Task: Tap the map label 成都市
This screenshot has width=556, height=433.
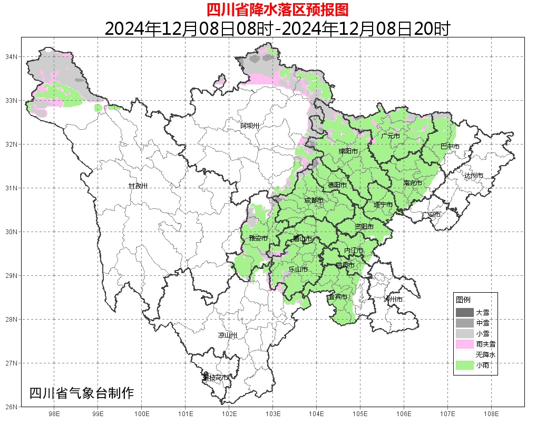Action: (x=314, y=200)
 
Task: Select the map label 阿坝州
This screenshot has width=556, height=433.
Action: (x=250, y=126)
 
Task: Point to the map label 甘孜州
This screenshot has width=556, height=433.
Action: (x=138, y=186)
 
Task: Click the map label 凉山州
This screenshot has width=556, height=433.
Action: (x=228, y=335)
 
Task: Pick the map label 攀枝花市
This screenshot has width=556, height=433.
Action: (x=216, y=378)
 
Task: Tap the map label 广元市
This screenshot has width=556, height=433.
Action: (x=390, y=136)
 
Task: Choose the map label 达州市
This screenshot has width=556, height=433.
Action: (x=473, y=175)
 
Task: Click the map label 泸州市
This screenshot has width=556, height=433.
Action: (x=393, y=299)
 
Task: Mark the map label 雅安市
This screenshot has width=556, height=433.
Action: (x=258, y=238)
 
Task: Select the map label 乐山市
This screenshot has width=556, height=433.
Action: (x=298, y=270)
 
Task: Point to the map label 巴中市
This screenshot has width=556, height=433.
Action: (x=450, y=147)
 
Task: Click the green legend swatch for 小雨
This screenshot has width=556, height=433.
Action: (x=464, y=365)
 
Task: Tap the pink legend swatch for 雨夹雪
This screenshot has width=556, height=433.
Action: (x=464, y=344)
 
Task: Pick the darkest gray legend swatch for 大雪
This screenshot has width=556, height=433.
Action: (x=464, y=312)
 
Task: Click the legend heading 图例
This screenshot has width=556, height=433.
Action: (x=463, y=300)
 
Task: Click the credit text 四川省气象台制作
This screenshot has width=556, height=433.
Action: (x=82, y=393)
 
